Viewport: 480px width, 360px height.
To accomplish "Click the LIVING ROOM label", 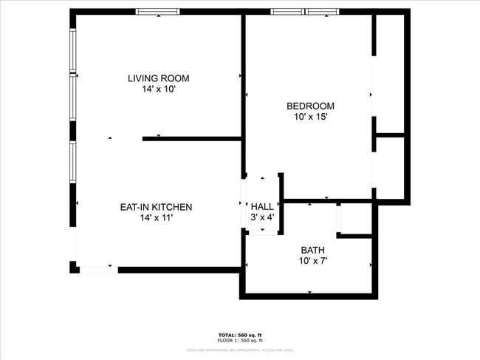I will pos(158,78).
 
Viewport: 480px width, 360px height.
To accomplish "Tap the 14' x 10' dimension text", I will pos(158,89).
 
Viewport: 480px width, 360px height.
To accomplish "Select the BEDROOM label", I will pos(310,106).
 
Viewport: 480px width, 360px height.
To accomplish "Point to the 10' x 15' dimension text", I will pos(310,117).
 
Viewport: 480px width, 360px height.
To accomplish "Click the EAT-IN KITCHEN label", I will pos(156,207).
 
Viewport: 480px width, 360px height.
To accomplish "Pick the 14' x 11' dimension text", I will pos(156,218).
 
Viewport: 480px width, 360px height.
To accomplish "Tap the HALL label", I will pos(262,206).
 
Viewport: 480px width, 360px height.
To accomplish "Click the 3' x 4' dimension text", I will pos(262,217).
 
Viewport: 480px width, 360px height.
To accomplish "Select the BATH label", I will pos(312,250).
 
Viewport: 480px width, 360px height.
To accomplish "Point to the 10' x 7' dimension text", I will pos(312,261).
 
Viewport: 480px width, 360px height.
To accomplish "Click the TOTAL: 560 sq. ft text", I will pos(240,334).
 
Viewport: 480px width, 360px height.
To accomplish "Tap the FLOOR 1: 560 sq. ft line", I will pos(240,340).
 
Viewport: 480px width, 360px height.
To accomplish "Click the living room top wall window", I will pos(158,12).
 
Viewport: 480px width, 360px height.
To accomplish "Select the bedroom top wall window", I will pos(304,12).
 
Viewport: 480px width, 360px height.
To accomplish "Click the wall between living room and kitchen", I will pos(192,138).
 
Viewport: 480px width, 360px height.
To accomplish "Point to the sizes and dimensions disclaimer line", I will pos(240,349).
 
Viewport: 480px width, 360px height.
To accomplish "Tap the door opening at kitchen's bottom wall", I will pos(98,269).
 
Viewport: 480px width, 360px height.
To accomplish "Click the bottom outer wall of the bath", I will pos(309,296).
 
